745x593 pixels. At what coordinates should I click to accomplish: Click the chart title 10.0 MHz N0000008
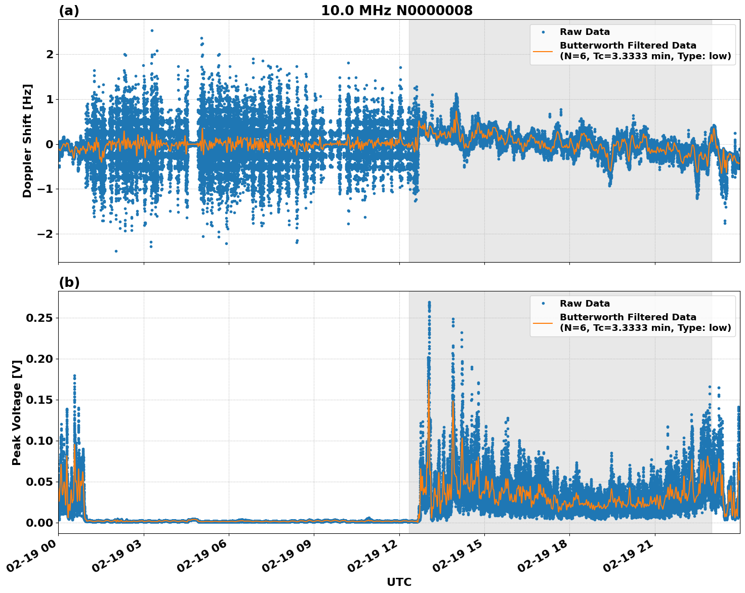click(396, 11)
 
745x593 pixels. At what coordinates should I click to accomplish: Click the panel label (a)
click(69, 11)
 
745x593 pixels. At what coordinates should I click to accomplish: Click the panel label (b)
click(69, 282)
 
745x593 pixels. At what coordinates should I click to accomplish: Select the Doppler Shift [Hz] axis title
click(27, 141)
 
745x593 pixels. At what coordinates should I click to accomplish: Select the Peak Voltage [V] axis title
click(17, 412)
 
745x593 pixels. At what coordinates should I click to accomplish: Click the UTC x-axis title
click(399, 582)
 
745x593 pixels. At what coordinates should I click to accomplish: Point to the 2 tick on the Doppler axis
click(50, 54)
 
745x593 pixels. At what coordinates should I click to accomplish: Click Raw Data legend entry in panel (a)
click(585, 32)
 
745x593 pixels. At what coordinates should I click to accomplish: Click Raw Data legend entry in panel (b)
click(585, 304)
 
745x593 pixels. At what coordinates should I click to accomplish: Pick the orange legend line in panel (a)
click(543, 51)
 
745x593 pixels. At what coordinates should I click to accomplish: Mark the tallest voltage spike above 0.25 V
click(429, 303)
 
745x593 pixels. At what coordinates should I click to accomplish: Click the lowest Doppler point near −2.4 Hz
click(116, 251)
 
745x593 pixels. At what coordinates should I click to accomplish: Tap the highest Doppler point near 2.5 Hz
click(152, 30)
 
